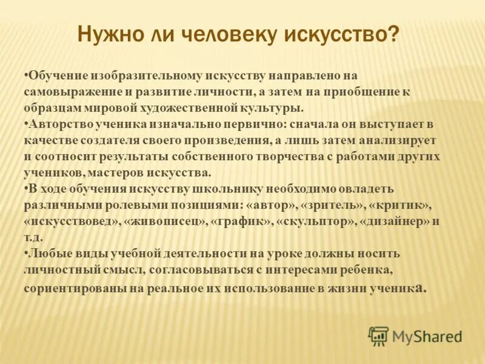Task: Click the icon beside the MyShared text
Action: pos(379,336)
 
